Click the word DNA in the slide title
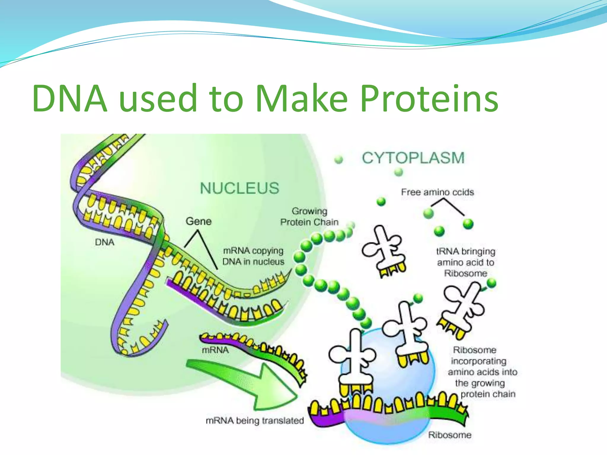(70, 98)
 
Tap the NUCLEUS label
(239, 188)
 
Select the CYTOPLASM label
(413, 158)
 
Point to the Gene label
(199, 221)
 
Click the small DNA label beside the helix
(105, 242)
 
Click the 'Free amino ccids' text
(437, 192)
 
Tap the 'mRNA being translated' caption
(255, 420)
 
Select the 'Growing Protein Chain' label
(309, 217)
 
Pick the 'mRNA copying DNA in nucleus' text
(253, 256)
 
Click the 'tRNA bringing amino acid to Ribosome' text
(466, 262)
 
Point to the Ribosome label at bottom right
(450, 435)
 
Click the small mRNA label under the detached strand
(215, 350)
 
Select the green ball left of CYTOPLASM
(338, 160)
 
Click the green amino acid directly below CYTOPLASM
(399, 172)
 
